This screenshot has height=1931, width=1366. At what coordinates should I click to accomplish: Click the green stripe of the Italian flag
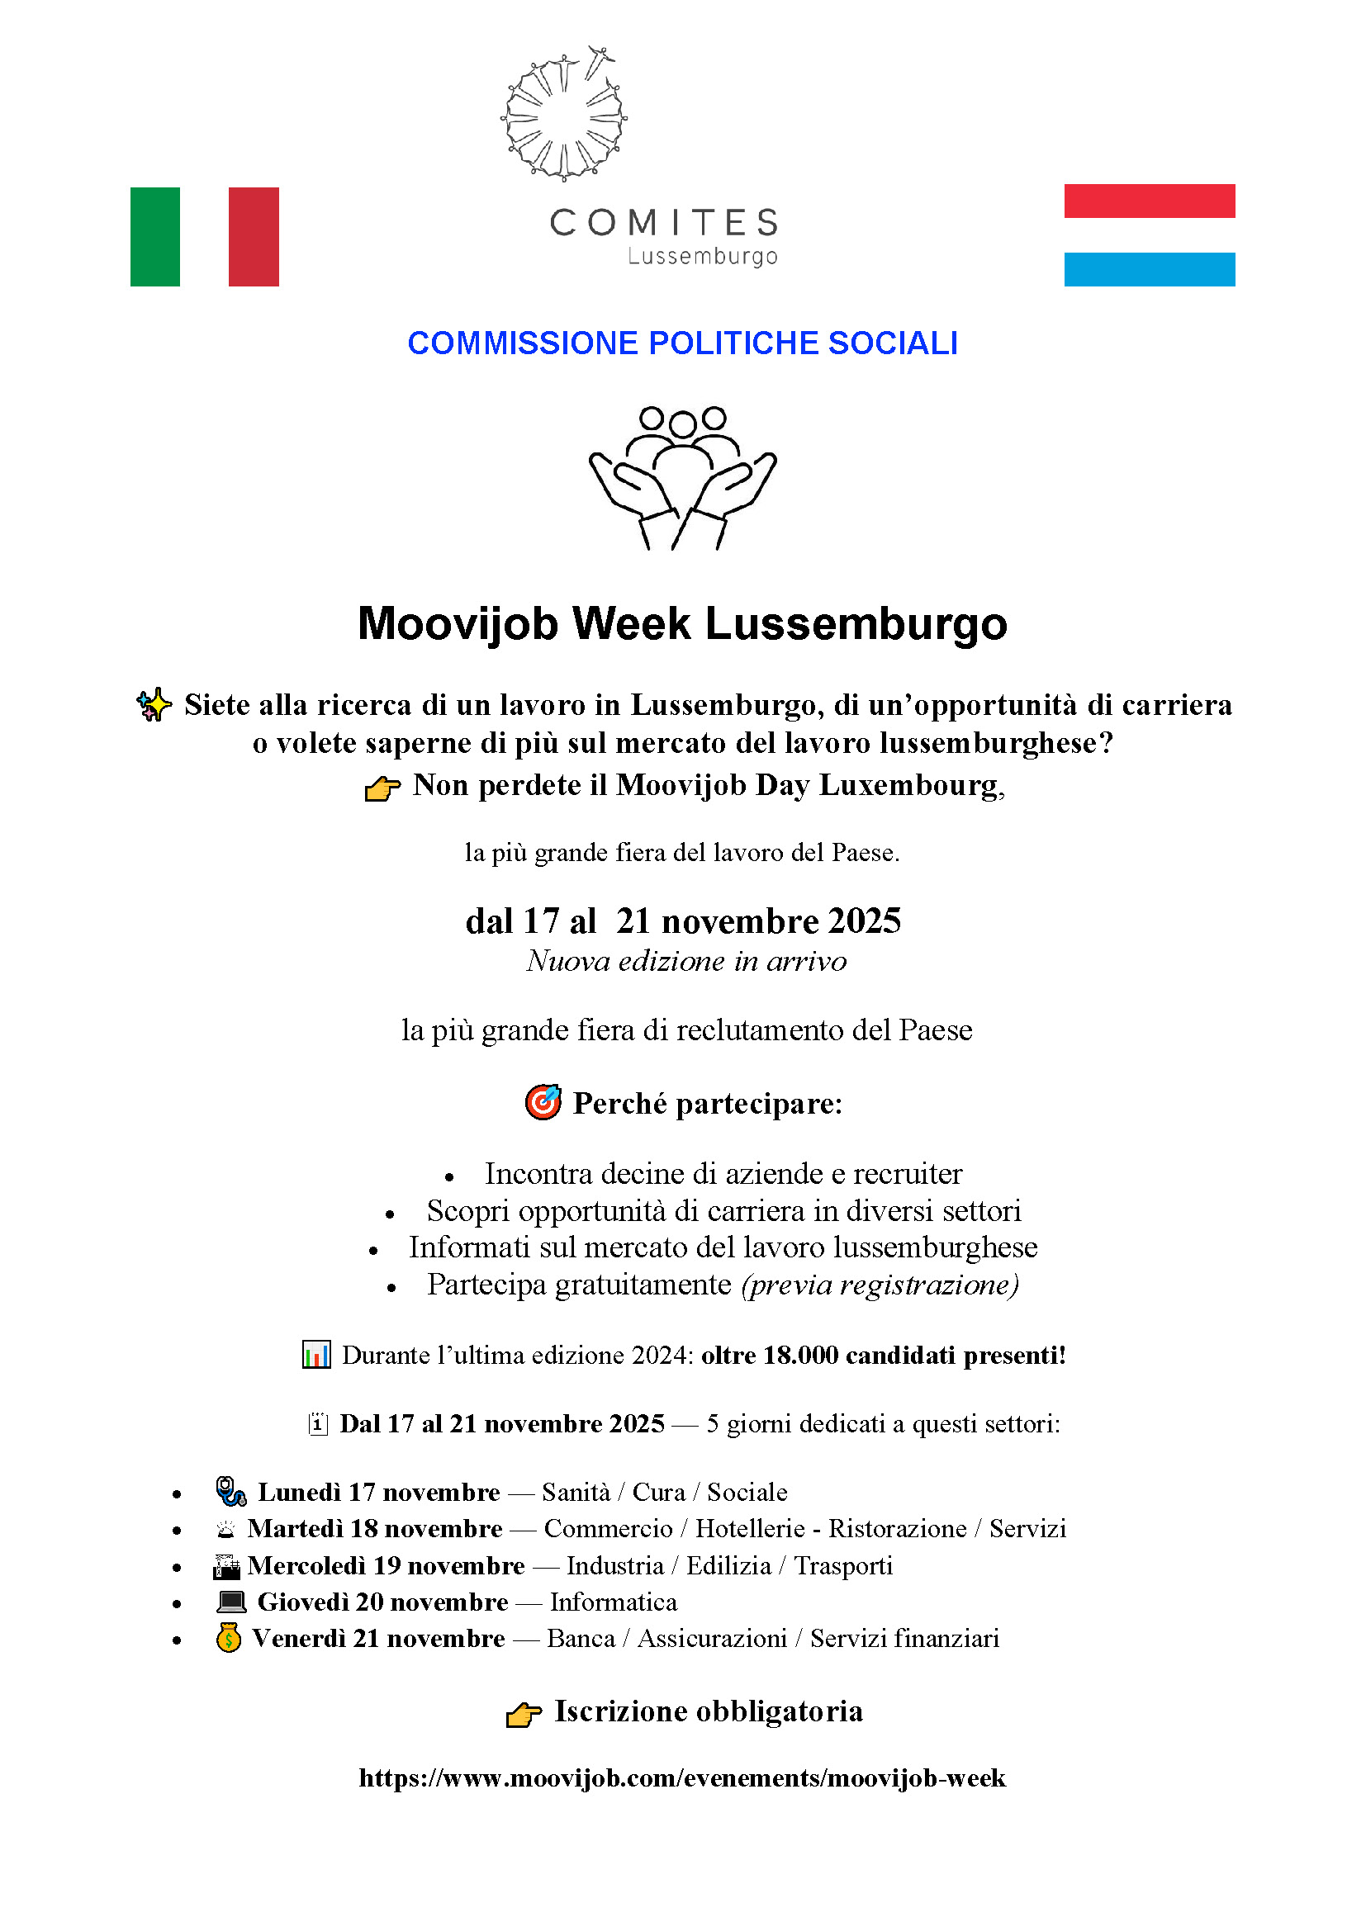(154, 236)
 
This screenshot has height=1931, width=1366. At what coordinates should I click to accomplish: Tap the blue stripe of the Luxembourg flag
(1149, 269)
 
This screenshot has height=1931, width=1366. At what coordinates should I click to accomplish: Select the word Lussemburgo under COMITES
(702, 256)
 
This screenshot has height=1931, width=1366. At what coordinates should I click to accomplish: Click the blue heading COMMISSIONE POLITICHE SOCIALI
(682, 343)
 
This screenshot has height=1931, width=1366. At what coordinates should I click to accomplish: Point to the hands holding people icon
(682, 477)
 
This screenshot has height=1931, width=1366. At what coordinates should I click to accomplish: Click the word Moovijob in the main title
(457, 624)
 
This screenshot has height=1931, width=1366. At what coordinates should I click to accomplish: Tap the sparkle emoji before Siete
(154, 705)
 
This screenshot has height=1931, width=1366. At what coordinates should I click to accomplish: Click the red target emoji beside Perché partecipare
(543, 1102)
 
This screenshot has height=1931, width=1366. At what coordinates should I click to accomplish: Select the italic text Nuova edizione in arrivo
(686, 960)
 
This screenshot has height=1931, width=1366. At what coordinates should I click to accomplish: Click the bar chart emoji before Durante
(316, 1355)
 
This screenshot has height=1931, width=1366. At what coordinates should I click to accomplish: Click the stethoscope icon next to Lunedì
(230, 1491)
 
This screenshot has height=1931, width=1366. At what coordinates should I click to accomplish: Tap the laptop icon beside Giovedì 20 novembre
(231, 1602)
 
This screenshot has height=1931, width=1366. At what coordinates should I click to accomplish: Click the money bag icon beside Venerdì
(229, 1637)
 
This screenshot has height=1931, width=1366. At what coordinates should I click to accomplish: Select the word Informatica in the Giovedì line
(613, 1602)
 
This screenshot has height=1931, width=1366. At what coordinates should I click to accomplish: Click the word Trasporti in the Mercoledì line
(843, 1565)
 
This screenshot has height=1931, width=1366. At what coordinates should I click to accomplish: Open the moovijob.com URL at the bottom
(682, 1777)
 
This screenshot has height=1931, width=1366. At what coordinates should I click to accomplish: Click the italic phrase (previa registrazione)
(880, 1285)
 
